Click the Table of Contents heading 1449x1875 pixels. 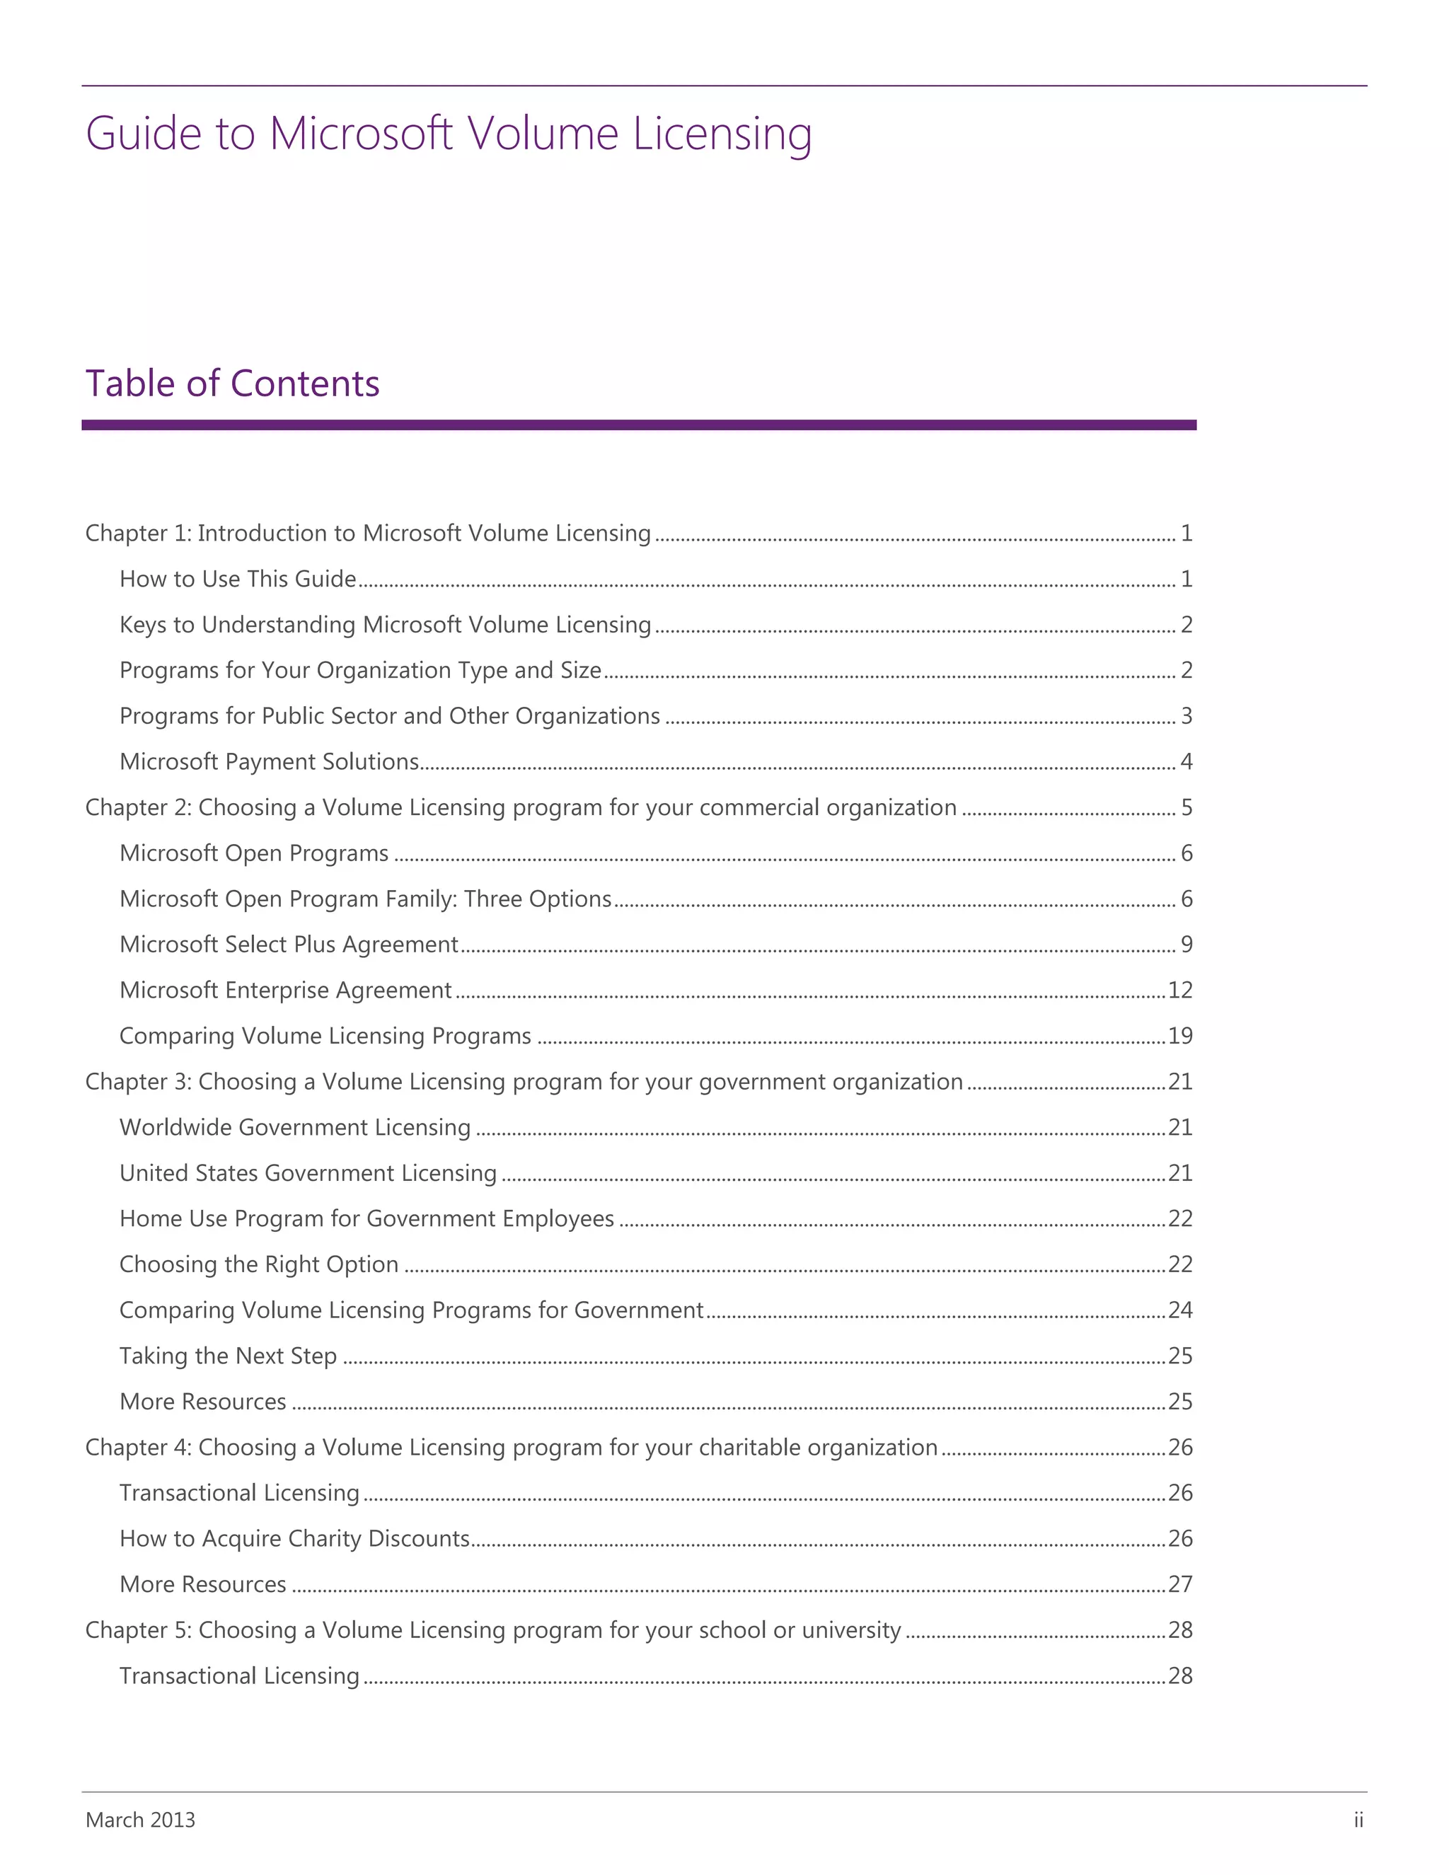pos(232,383)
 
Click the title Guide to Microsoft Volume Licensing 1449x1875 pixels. pos(448,134)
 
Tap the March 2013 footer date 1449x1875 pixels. pos(140,1819)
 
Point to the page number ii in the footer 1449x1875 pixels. pos(1358,1819)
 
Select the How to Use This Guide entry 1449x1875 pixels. pos(238,579)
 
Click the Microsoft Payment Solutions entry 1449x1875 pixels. pos(269,762)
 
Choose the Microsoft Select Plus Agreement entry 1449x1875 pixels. pos(289,945)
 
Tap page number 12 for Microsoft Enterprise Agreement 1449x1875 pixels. pos(1180,991)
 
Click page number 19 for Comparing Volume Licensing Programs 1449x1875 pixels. pos(1180,1037)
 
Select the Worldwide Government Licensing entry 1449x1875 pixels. pos(294,1127)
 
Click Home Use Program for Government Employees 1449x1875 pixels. pos(366,1219)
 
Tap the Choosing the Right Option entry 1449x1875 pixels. pos(258,1264)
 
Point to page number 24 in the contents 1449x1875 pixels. pos(1180,1310)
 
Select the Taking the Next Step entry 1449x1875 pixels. pos(228,1356)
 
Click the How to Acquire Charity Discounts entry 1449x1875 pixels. pos(294,1538)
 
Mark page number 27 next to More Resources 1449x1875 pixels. pos(1180,1585)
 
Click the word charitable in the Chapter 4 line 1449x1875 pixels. pos(749,1448)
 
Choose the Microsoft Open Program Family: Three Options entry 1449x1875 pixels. pos(365,899)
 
